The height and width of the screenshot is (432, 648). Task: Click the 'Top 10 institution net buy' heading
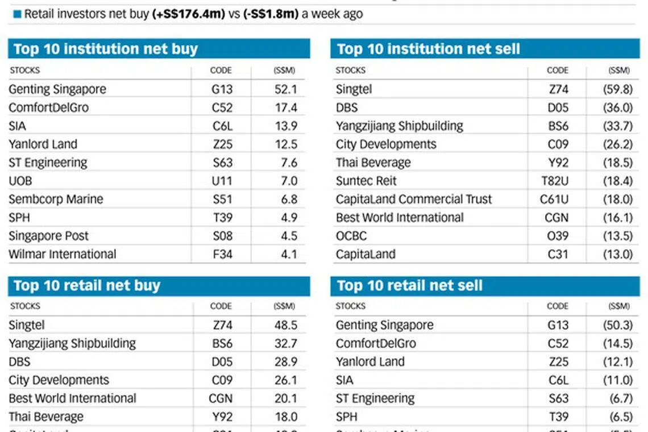click(x=106, y=49)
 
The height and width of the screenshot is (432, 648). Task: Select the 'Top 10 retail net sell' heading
click(x=409, y=285)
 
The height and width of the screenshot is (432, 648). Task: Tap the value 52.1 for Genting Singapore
click(x=285, y=89)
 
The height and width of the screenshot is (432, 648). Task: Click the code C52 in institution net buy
click(x=222, y=107)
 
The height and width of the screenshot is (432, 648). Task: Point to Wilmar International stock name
click(x=63, y=254)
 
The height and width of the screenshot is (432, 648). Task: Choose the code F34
click(x=222, y=254)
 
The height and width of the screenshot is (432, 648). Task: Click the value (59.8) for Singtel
click(x=618, y=89)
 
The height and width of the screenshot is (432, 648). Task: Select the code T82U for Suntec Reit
click(x=556, y=181)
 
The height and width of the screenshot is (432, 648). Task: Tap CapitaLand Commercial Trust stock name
click(x=414, y=199)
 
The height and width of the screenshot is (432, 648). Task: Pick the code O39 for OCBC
click(x=558, y=236)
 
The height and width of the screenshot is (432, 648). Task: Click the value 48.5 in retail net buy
click(x=285, y=325)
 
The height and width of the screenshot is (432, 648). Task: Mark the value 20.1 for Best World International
click(x=285, y=398)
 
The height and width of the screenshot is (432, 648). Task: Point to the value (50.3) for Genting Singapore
click(x=618, y=325)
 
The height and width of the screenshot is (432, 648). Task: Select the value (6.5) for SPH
click(x=620, y=417)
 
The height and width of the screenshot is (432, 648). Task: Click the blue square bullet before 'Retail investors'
click(x=17, y=14)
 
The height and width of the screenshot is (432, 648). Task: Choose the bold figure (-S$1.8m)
click(x=271, y=14)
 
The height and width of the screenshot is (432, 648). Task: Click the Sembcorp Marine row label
click(x=56, y=199)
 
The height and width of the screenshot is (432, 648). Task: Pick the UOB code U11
click(x=222, y=181)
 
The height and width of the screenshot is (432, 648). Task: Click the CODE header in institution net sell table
click(x=557, y=70)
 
